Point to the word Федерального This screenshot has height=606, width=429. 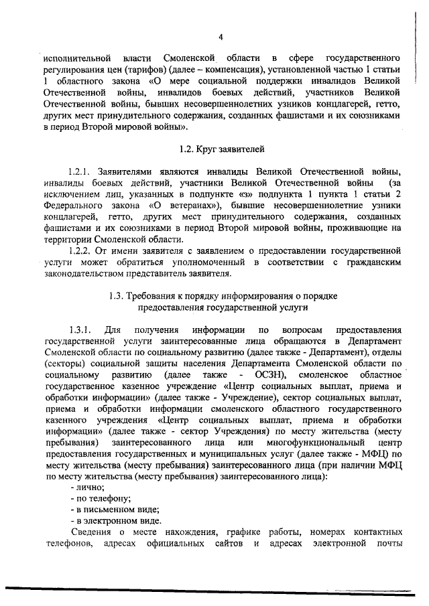(x=76, y=205)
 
